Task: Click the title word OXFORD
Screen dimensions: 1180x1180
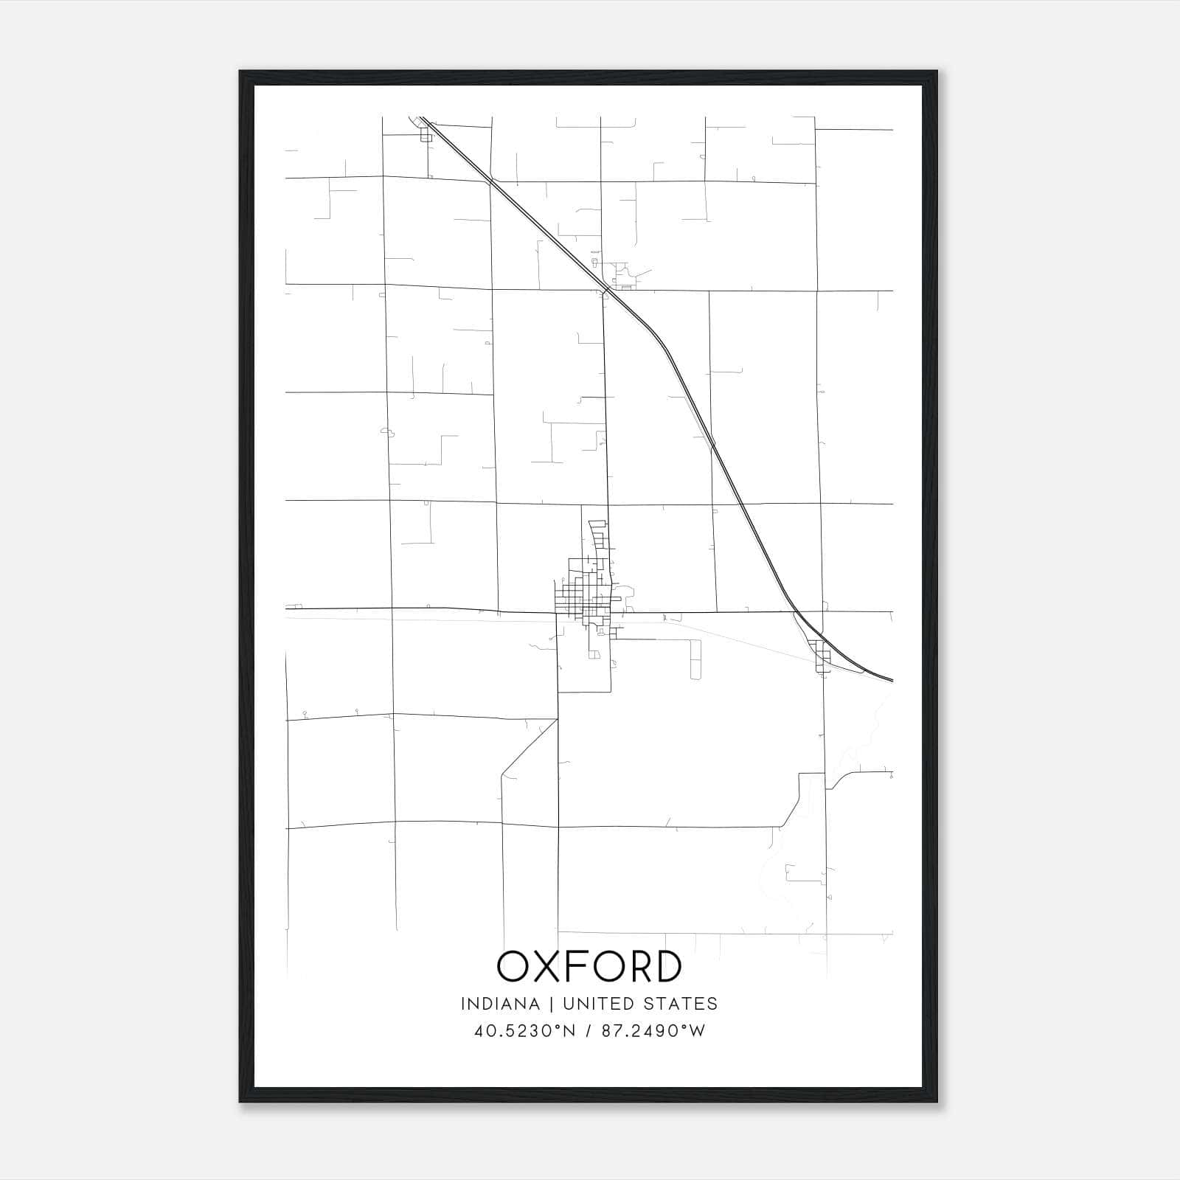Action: coord(589,967)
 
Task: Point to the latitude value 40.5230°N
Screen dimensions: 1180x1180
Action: coord(524,1030)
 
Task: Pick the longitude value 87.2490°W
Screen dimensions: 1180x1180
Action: coord(653,1030)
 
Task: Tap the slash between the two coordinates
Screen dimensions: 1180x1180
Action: coord(588,1030)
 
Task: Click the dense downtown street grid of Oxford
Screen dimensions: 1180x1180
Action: coord(583,594)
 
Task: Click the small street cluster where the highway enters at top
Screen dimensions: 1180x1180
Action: coord(425,134)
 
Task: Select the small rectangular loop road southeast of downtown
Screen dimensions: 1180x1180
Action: coord(694,659)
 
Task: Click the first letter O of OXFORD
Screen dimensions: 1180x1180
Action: coord(513,967)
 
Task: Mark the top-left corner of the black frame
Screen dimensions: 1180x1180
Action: coord(240,72)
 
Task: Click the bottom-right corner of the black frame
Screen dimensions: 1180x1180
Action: coord(937,1102)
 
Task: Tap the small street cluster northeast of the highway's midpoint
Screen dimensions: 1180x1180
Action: coord(624,274)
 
